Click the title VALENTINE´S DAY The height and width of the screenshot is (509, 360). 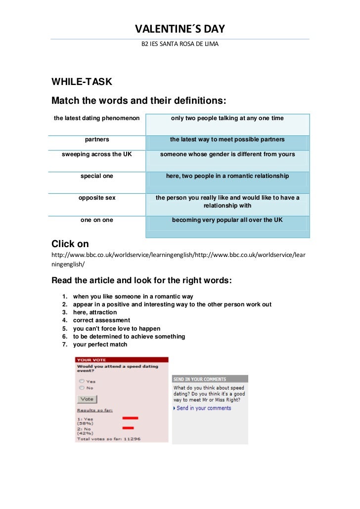coord(180,30)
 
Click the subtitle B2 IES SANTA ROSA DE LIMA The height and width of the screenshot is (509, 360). coord(180,44)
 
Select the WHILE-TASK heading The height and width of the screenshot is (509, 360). coord(82,82)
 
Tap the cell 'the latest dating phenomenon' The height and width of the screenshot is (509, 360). coord(97,119)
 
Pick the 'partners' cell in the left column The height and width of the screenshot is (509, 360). coord(97,140)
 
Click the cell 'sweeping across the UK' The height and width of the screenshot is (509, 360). coord(97,155)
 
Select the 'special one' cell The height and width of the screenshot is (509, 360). coord(97,176)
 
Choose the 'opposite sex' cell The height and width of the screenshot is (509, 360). coord(97,198)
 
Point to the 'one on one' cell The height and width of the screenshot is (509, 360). coord(97,220)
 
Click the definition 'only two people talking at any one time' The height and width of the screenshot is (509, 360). coord(227,119)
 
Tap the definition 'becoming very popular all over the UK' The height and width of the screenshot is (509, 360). coord(227,220)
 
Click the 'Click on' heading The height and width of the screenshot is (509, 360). coord(70,244)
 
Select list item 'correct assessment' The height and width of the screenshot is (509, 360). coord(101,320)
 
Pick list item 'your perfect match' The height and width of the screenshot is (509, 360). coord(100,344)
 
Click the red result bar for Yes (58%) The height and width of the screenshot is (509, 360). coord(130,418)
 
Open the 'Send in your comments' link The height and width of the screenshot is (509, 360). coord(204,408)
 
